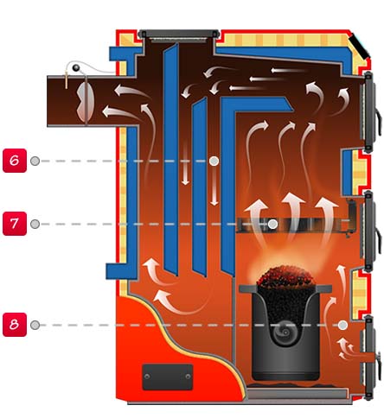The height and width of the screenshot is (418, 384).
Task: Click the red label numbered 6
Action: pyautogui.click(x=15, y=161)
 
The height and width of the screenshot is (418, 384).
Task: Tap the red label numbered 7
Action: pyautogui.click(x=15, y=224)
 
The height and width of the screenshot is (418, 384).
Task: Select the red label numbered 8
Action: pyautogui.click(x=15, y=325)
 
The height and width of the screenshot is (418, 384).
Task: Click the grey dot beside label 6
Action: pyautogui.click(x=35, y=161)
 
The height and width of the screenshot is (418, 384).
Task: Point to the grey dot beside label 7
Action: pyautogui.click(x=35, y=224)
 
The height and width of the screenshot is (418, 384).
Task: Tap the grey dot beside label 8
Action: pyautogui.click(x=35, y=325)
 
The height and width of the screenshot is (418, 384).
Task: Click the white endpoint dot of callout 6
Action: pyautogui.click(x=214, y=161)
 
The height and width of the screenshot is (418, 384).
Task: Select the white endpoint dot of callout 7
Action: pyautogui.click(x=272, y=224)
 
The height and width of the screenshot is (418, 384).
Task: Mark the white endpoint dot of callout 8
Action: pyautogui.click(x=342, y=326)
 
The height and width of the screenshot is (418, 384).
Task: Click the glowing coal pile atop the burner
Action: pyautogui.click(x=285, y=277)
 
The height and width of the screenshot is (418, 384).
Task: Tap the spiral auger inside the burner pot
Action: pyautogui.click(x=285, y=332)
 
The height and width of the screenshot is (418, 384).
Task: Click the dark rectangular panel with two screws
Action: pyautogui.click(x=168, y=377)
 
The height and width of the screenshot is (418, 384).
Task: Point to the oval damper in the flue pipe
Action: pyautogui.click(x=86, y=101)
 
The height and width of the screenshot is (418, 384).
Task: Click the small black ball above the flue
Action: pyautogui.click(x=76, y=67)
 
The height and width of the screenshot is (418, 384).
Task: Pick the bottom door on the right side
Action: pyautogui.click(x=369, y=357)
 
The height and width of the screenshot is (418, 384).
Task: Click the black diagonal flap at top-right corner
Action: pyautogui.click(x=359, y=46)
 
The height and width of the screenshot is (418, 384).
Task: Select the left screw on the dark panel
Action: pyautogui.click(x=147, y=377)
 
